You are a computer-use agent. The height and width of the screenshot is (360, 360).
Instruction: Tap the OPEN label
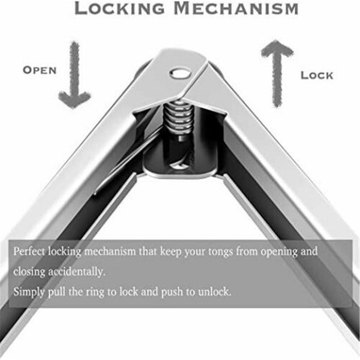tap(40, 70)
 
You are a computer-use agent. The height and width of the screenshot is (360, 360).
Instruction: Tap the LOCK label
tap(317, 75)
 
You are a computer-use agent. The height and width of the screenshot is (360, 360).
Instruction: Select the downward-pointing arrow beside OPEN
tap(75, 75)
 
